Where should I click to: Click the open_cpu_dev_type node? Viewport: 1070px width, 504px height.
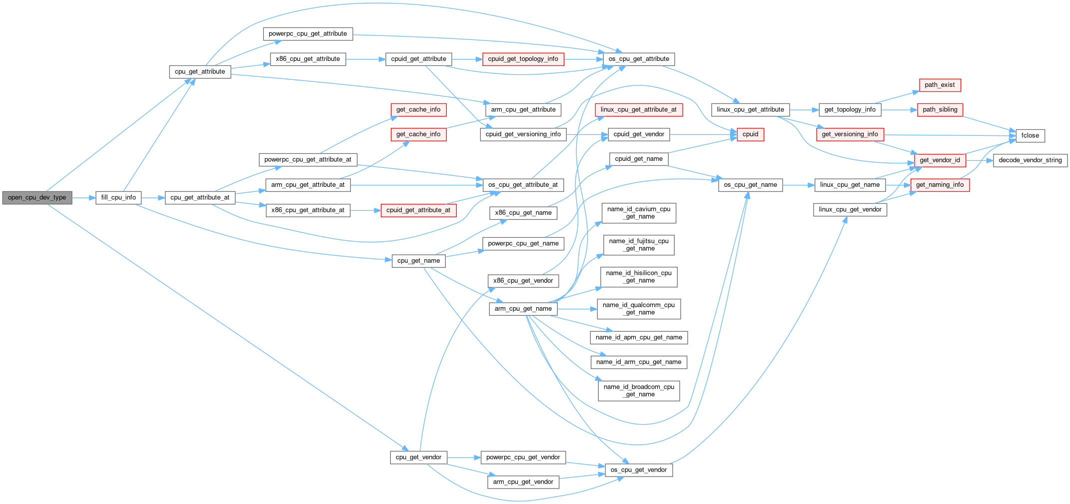click(37, 198)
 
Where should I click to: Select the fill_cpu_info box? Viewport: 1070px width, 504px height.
click(118, 198)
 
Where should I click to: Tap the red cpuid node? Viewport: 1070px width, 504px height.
click(750, 134)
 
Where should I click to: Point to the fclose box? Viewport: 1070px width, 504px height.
click(1030, 136)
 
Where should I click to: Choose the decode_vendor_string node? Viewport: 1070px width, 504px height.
click(1030, 160)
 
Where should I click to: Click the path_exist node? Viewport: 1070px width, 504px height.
click(940, 85)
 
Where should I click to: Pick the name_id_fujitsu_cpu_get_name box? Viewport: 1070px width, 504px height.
click(639, 245)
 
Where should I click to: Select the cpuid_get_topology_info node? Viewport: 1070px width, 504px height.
click(523, 59)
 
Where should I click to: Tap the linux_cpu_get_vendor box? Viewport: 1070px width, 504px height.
click(850, 210)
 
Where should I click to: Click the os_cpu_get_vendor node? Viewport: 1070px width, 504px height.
click(639, 470)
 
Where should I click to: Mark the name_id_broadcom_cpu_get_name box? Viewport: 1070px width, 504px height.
click(639, 391)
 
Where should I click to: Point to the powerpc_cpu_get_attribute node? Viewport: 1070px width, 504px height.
click(308, 34)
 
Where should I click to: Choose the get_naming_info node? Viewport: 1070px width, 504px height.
click(940, 185)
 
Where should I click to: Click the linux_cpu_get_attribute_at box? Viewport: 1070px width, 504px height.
click(639, 110)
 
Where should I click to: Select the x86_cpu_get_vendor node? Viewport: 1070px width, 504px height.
click(523, 281)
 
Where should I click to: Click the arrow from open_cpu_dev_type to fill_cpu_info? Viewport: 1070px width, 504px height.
click(83, 198)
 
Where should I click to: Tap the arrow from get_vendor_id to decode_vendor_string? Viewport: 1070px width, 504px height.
click(979, 160)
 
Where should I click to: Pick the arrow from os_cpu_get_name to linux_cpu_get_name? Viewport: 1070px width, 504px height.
click(798, 185)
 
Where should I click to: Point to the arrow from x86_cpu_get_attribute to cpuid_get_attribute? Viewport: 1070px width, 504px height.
click(365, 59)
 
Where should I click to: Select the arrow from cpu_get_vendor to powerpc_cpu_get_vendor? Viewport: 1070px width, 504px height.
click(464, 458)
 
